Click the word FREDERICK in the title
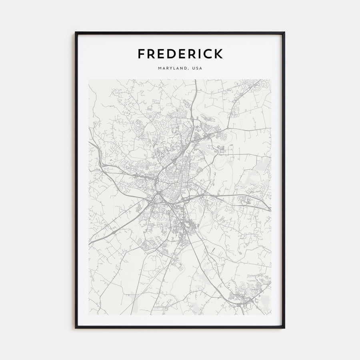180,54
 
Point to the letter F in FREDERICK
141,54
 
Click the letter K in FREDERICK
218,54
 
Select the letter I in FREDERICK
200,54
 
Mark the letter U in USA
194,68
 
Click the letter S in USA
198,68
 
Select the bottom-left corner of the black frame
76,328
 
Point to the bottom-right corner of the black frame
284,328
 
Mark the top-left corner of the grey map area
89,79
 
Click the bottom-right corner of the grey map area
271,315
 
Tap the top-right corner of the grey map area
271,79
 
